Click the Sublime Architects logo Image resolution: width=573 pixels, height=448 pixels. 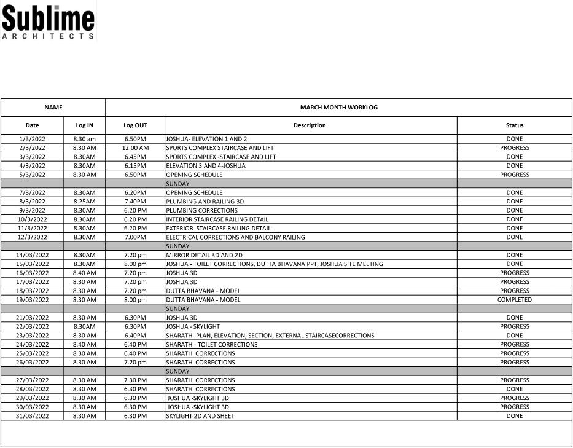click(49, 23)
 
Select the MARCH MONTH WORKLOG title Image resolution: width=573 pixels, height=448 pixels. click(338, 107)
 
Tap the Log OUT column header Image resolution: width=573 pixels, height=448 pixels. click(135, 125)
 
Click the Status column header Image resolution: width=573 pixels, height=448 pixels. click(514, 125)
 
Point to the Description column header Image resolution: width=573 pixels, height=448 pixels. click(310, 125)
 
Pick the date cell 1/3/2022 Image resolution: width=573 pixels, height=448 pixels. click(32, 139)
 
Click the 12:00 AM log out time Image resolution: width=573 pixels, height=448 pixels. click(135, 148)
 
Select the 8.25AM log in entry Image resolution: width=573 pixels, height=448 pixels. click(84, 202)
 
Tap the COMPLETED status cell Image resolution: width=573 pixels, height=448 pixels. click(514, 300)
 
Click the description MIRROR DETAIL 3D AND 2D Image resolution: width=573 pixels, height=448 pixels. click(204, 255)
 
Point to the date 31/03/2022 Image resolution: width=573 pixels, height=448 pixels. click(32, 416)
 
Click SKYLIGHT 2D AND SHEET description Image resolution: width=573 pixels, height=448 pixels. click(200, 416)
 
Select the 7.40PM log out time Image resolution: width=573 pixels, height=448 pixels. click(135, 202)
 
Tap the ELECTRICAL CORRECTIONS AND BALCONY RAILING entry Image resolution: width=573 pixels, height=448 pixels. click(235, 237)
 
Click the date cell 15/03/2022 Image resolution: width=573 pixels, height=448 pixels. click(32, 264)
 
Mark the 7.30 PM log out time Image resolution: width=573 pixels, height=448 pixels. click(135, 380)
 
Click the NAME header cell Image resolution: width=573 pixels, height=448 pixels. click(53, 107)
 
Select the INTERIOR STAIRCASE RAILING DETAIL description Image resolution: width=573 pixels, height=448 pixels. click(217, 219)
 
